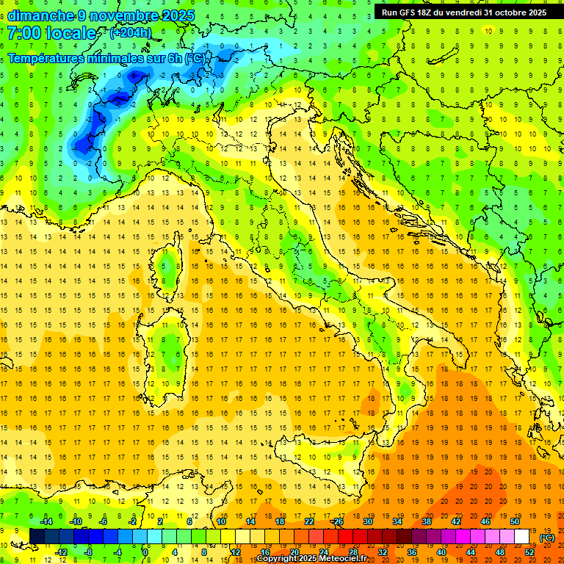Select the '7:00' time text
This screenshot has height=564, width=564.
click(x=23, y=33)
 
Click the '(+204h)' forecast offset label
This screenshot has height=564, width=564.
click(x=131, y=33)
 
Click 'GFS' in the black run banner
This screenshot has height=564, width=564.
click(x=412, y=12)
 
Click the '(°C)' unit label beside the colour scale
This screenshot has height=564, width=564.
click(x=547, y=538)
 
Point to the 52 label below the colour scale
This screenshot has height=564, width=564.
click(x=529, y=552)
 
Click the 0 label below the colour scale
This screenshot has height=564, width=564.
click(x=146, y=552)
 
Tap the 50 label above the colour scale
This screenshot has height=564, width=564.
click(x=515, y=521)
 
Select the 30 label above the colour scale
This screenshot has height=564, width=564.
click(x=367, y=521)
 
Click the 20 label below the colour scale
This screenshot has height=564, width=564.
click(x=294, y=552)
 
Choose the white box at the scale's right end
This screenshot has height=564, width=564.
click(x=522, y=537)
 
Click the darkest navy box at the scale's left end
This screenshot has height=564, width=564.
click(x=37, y=537)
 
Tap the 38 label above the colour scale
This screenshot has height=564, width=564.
click(x=426, y=521)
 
